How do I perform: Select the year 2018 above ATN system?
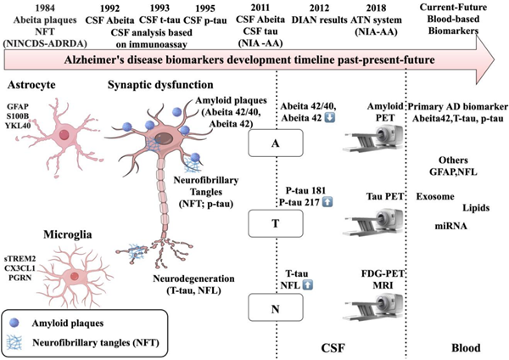pyautogui.click(x=354, y=6)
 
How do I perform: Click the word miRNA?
pyautogui.click(x=450, y=227)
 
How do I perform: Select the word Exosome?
pyautogui.click(x=433, y=196)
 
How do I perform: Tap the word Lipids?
pyautogui.click(x=476, y=208)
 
